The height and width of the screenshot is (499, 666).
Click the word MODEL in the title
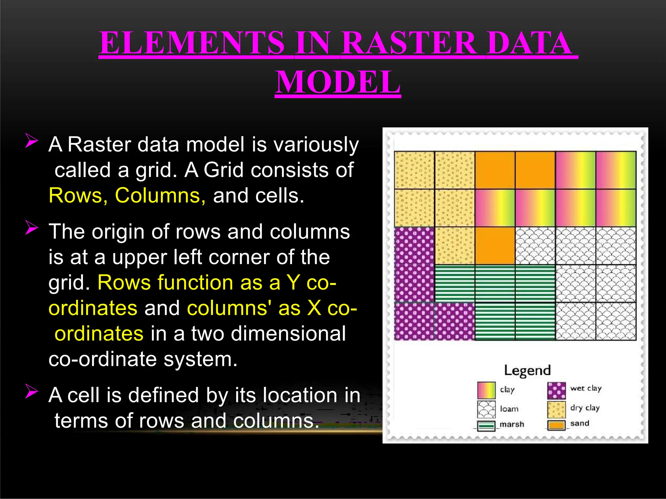338,82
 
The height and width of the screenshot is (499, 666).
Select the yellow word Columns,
160,196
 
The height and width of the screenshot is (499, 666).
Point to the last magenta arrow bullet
32,391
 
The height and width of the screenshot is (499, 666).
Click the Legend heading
527,370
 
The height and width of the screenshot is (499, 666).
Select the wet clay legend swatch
556,390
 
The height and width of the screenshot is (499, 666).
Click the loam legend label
509,409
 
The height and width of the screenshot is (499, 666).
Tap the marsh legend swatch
486,426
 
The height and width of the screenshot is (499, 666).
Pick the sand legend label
579,423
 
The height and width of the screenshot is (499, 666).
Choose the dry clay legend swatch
556,409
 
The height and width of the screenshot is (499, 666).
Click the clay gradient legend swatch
486,390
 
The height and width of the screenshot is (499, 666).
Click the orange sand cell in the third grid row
495,246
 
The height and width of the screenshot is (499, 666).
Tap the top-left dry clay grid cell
414,170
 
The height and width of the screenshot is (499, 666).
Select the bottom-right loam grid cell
616,321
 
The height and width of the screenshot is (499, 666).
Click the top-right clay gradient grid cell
616,170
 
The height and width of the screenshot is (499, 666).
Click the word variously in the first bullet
316,145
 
